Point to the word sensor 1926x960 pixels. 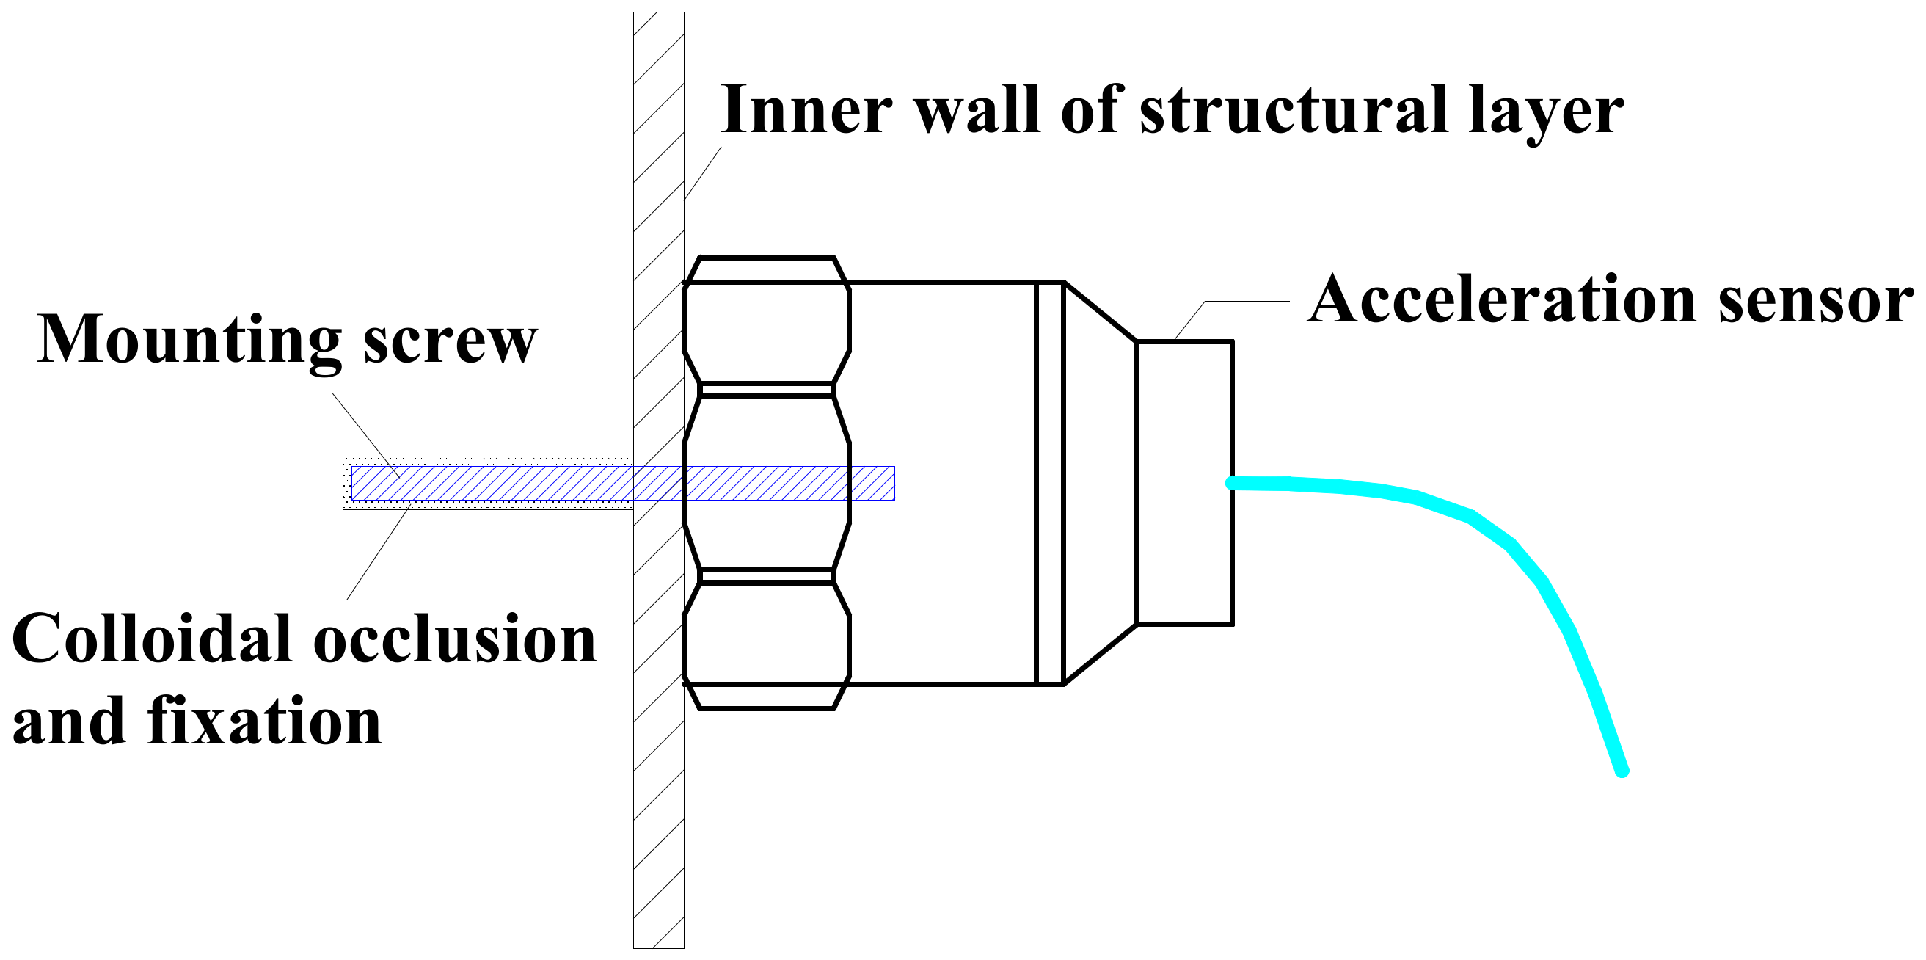[x=1816, y=302]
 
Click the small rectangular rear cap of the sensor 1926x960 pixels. [x=1184, y=482]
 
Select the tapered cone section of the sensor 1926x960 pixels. [x=1099, y=482]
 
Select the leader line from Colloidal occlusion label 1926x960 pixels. [x=379, y=553]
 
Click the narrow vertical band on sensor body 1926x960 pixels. [x=1049, y=482]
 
